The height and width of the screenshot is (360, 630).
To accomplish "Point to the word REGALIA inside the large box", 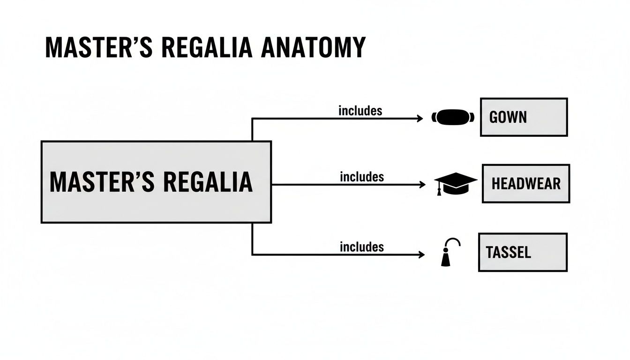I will pos(208,182).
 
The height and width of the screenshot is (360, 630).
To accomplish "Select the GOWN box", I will pos(524,117).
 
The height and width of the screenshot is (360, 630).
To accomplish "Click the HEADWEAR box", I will pos(525,184).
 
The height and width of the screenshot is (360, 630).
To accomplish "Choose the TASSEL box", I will pos(522,253).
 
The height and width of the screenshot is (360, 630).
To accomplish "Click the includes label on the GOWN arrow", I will pos(360,111).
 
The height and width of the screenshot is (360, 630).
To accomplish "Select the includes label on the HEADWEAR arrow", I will pos(361,177).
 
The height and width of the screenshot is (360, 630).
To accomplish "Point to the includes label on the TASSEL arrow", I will pos(361,247).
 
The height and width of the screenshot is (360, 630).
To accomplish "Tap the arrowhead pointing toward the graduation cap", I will pos(423,185).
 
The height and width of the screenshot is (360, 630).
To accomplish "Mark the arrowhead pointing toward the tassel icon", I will pos(422,255).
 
